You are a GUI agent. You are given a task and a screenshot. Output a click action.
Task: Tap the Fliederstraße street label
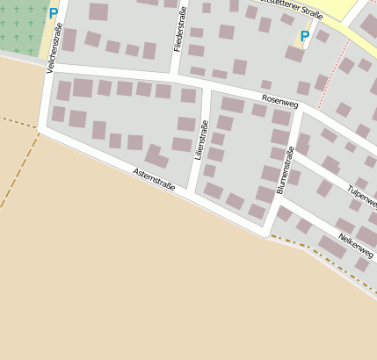click(x=182, y=29)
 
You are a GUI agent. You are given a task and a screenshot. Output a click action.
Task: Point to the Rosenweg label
click(x=279, y=104)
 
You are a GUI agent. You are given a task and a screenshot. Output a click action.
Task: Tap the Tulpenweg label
click(x=362, y=195)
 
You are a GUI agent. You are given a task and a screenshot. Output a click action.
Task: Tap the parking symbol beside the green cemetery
click(x=54, y=14)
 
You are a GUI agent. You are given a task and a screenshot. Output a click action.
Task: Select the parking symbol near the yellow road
click(x=305, y=37)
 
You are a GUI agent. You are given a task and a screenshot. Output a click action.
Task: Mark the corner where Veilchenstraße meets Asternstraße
click(x=40, y=130)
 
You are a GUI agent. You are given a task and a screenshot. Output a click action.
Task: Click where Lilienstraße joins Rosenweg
click(x=206, y=88)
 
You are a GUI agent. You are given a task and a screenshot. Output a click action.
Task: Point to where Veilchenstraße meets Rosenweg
click(x=47, y=66)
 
